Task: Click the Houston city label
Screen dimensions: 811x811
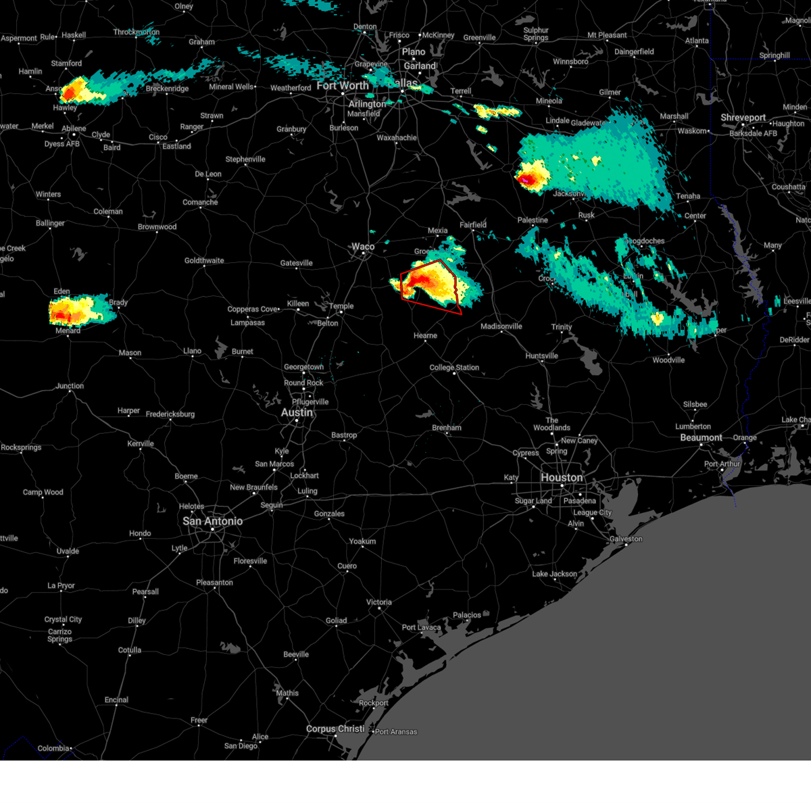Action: pyautogui.click(x=561, y=477)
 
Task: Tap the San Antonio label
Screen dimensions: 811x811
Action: pyautogui.click(x=212, y=521)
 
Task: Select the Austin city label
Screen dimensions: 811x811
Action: pyautogui.click(x=297, y=412)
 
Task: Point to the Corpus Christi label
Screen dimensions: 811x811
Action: pyautogui.click(x=335, y=729)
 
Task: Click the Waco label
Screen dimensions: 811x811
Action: pyautogui.click(x=363, y=247)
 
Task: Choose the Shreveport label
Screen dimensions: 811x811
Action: pyautogui.click(x=743, y=118)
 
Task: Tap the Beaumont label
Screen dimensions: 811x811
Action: pyautogui.click(x=701, y=437)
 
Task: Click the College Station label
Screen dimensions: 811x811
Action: pyautogui.click(x=454, y=368)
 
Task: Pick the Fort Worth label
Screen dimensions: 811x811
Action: pyautogui.click(x=343, y=86)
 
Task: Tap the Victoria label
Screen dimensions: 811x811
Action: pyautogui.click(x=378, y=602)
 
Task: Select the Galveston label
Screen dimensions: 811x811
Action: pyautogui.click(x=625, y=539)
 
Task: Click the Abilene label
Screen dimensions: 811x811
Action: pyautogui.click(x=74, y=128)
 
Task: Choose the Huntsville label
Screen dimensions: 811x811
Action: pyautogui.click(x=541, y=355)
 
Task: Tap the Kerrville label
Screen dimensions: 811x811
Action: pyautogui.click(x=141, y=443)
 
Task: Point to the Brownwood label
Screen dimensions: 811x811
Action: pyautogui.click(x=157, y=226)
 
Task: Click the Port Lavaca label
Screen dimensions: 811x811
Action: pyautogui.click(x=421, y=627)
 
